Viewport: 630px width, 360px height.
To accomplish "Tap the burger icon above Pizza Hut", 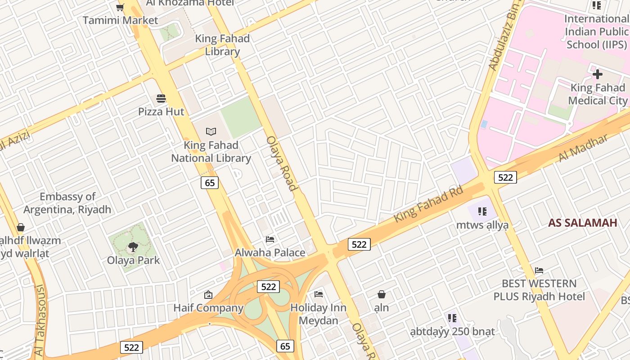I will (x=161, y=98).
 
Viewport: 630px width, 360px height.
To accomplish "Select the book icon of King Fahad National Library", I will (x=211, y=131).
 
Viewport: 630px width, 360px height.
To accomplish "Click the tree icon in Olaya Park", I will (x=133, y=247).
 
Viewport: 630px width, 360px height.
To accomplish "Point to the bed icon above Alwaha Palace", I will (x=270, y=239).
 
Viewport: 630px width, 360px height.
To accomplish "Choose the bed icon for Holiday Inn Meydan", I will (x=319, y=294).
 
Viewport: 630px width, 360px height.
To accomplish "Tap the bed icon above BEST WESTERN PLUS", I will (x=539, y=270).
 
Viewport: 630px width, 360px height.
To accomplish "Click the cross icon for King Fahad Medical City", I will (x=598, y=74).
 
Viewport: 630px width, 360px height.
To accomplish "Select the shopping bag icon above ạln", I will (x=382, y=294).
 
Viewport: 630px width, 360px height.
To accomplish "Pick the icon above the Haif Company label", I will (x=208, y=295).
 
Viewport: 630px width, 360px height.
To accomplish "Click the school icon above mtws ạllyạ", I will (x=482, y=211).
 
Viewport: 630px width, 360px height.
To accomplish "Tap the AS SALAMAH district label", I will (x=582, y=223).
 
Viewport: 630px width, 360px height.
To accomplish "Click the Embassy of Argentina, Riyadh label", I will (x=67, y=203).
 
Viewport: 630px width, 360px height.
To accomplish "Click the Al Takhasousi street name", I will (x=39, y=319).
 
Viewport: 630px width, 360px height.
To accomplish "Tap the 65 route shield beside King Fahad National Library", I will (x=210, y=182).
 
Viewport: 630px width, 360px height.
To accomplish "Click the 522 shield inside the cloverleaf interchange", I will (x=268, y=287).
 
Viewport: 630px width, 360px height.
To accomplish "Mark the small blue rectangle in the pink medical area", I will (x=484, y=124).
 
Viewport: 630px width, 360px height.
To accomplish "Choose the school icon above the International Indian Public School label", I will (x=597, y=5).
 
